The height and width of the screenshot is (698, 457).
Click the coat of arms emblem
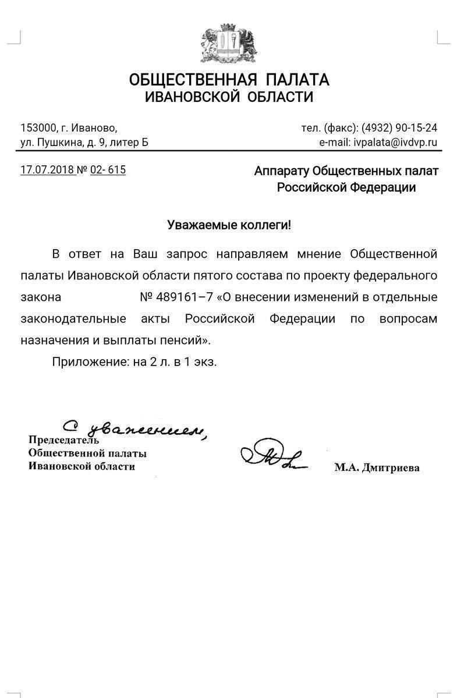pyautogui.click(x=229, y=44)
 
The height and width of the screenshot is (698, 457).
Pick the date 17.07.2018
pyautogui.click(x=47, y=170)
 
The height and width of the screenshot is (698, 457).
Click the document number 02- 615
pyautogui.click(x=108, y=170)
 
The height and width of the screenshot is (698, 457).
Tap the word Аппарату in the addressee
pyautogui.click(x=282, y=171)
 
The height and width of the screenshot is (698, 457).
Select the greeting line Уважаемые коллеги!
pyautogui.click(x=229, y=225)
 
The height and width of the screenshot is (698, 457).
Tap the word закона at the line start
pyautogui.click(x=41, y=297)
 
